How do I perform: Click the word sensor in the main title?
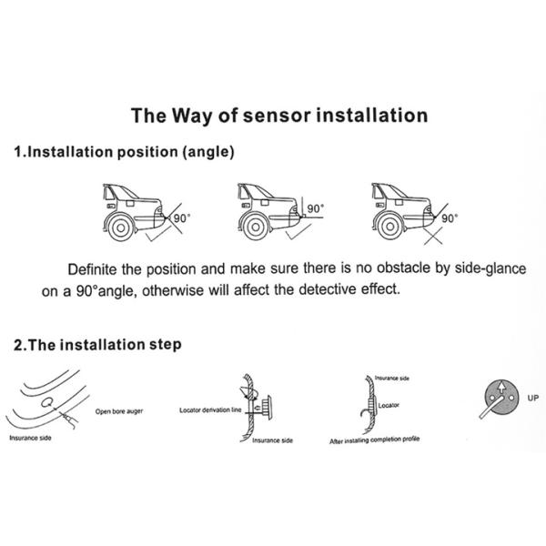(x=277, y=116)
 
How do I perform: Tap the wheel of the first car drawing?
(x=121, y=227)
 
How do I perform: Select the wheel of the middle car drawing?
(x=256, y=227)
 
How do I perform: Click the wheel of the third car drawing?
(x=390, y=227)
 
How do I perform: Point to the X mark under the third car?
(x=433, y=236)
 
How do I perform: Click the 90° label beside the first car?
(x=182, y=218)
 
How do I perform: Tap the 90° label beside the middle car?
(x=316, y=208)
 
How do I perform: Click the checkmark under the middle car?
(x=298, y=232)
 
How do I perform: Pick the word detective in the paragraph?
(x=328, y=289)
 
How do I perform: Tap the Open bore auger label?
(x=119, y=411)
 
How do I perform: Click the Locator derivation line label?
(x=210, y=410)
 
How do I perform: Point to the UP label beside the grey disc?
(x=532, y=398)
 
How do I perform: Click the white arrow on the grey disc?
(x=501, y=388)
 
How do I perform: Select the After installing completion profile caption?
(x=374, y=440)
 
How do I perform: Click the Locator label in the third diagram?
(x=389, y=405)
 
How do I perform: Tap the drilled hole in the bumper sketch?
(x=47, y=402)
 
